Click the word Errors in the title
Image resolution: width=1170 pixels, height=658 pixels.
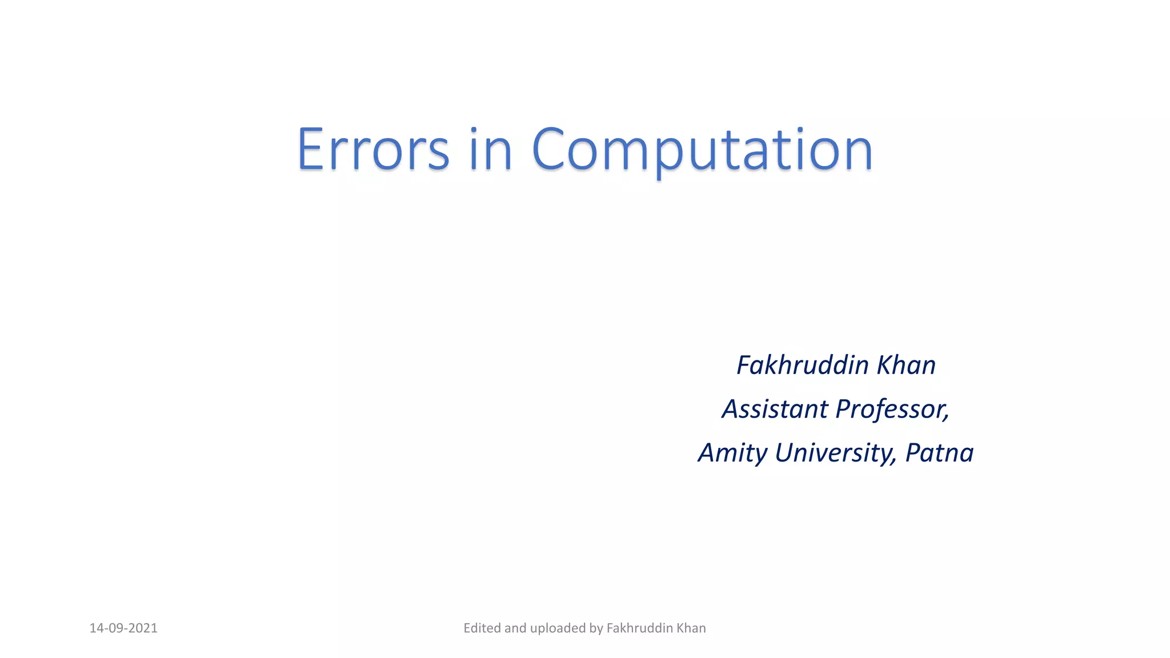pos(373,150)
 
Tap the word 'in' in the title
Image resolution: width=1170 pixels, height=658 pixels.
pos(490,150)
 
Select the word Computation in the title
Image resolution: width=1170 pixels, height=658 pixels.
pos(702,150)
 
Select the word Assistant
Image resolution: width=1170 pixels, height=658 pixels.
pos(775,409)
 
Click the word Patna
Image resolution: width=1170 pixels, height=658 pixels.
pos(939,453)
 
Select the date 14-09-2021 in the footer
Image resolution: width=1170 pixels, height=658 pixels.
pos(123,628)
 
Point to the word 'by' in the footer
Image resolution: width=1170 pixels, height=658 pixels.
pos(596,629)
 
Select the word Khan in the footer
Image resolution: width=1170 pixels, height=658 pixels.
pos(691,628)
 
